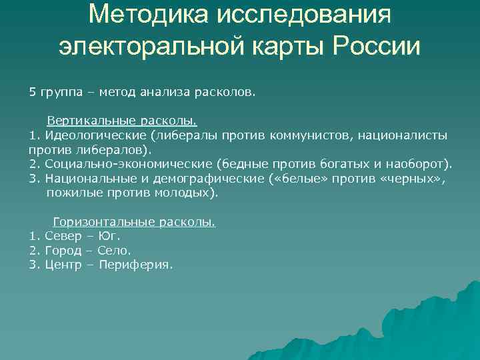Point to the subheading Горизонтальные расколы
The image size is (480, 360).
(x=134, y=222)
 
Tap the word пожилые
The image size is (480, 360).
(x=71, y=193)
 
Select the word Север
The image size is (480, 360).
(x=62, y=236)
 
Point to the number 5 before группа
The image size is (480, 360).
(x=33, y=93)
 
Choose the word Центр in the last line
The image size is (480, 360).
(x=63, y=265)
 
